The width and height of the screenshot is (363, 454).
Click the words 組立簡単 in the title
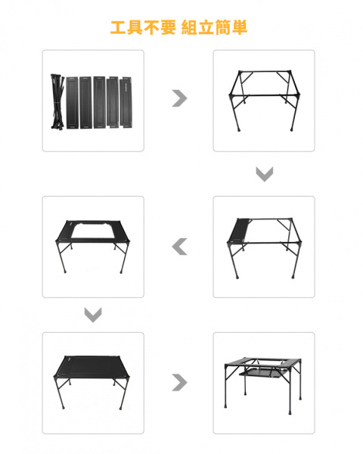215,28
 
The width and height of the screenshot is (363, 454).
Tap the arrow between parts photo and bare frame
179,98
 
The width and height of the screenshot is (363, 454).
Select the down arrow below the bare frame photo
264,175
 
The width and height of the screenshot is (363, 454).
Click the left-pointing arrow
179,246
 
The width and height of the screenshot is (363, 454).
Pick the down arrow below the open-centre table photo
93,315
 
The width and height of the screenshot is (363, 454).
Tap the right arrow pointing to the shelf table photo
179,382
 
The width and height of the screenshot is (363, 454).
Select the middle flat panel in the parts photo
98,101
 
